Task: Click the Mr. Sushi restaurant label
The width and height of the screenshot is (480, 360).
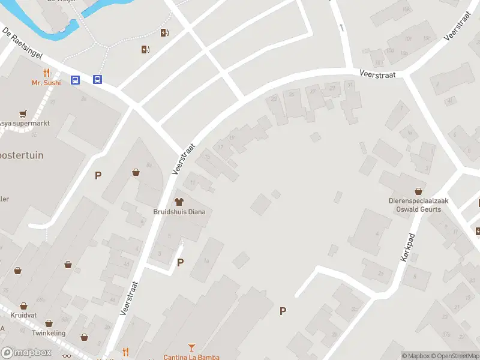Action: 46,83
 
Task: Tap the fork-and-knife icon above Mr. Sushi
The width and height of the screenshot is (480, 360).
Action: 46,73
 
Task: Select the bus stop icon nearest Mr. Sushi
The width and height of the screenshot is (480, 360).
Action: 76,80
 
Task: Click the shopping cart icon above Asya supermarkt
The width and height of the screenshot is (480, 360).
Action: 23,113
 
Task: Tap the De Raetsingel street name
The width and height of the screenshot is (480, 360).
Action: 22,43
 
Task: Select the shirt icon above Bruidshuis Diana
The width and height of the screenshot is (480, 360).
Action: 178,202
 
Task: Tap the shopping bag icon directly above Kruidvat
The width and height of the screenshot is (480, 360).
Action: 23,306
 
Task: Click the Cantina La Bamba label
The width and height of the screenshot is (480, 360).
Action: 191,357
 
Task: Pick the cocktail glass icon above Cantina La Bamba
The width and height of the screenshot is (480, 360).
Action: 191,347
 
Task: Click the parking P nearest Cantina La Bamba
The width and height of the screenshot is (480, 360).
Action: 283,311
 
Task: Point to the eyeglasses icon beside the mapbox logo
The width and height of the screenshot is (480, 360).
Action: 66,356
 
